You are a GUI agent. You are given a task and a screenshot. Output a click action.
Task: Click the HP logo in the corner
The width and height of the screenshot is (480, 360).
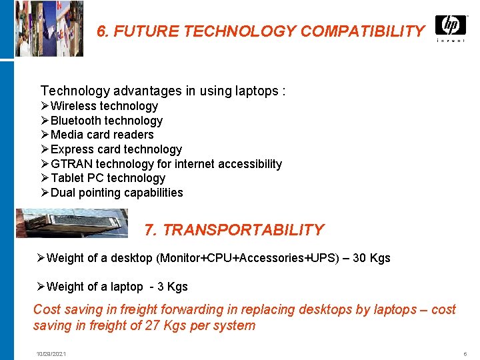[451, 26]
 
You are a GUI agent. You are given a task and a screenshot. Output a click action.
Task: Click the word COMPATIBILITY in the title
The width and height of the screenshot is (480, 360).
[362, 31]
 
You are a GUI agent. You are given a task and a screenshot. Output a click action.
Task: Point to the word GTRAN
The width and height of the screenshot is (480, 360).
[72, 164]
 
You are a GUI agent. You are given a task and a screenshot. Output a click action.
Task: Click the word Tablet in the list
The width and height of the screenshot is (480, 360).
[67, 178]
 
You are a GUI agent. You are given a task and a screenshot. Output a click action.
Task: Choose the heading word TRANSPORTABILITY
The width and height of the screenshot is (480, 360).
[243, 230]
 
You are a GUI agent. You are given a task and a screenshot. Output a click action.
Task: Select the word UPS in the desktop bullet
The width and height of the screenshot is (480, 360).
[325, 258]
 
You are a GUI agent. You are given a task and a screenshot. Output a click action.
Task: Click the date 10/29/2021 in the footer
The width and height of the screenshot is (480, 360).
[51, 353]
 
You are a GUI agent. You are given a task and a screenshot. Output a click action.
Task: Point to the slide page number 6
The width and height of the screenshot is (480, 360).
[464, 353]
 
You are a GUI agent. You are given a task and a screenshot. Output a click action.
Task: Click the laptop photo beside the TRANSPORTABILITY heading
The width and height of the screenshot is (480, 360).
[72, 223]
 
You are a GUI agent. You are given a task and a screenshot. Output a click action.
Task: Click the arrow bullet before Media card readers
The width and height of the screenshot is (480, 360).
[45, 135]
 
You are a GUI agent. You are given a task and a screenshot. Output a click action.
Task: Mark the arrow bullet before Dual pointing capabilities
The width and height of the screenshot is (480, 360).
[45, 193]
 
